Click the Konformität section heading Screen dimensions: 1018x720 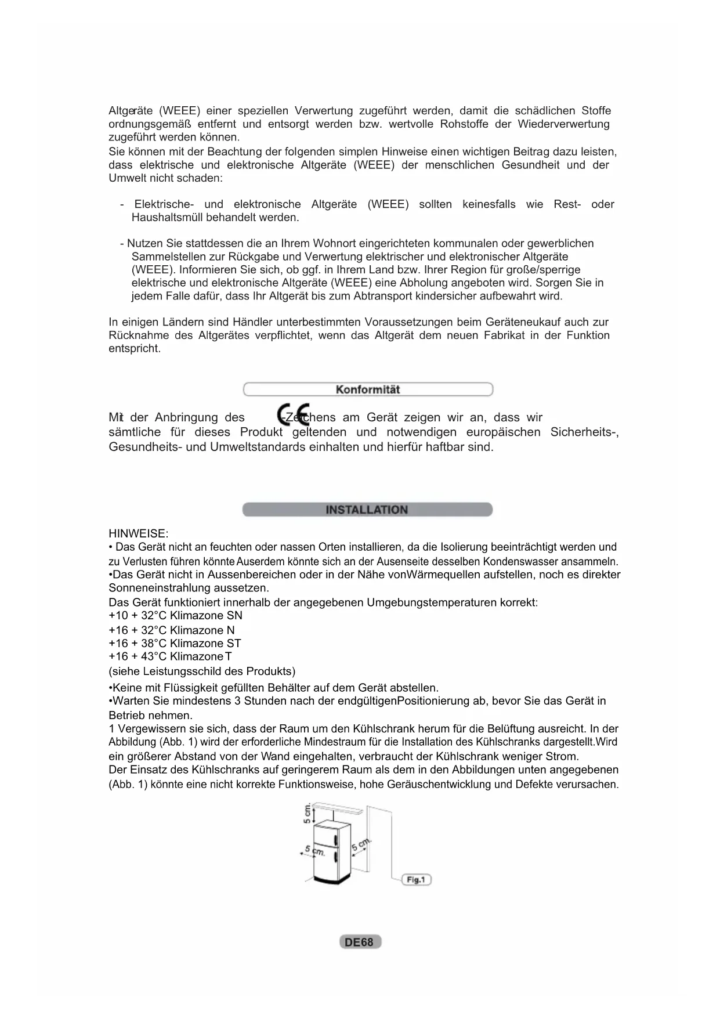(x=368, y=389)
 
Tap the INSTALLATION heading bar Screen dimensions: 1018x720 (x=367, y=510)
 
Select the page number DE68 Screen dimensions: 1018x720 (x=360, y=942)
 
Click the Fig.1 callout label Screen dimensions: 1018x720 (x=416, y=880)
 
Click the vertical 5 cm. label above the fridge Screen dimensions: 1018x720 (x=307, y=814)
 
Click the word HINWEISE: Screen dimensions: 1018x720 (x=139, y=533)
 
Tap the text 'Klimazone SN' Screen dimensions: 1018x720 (x=206, y=615)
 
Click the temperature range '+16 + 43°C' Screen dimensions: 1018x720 (x=138, y=656)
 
